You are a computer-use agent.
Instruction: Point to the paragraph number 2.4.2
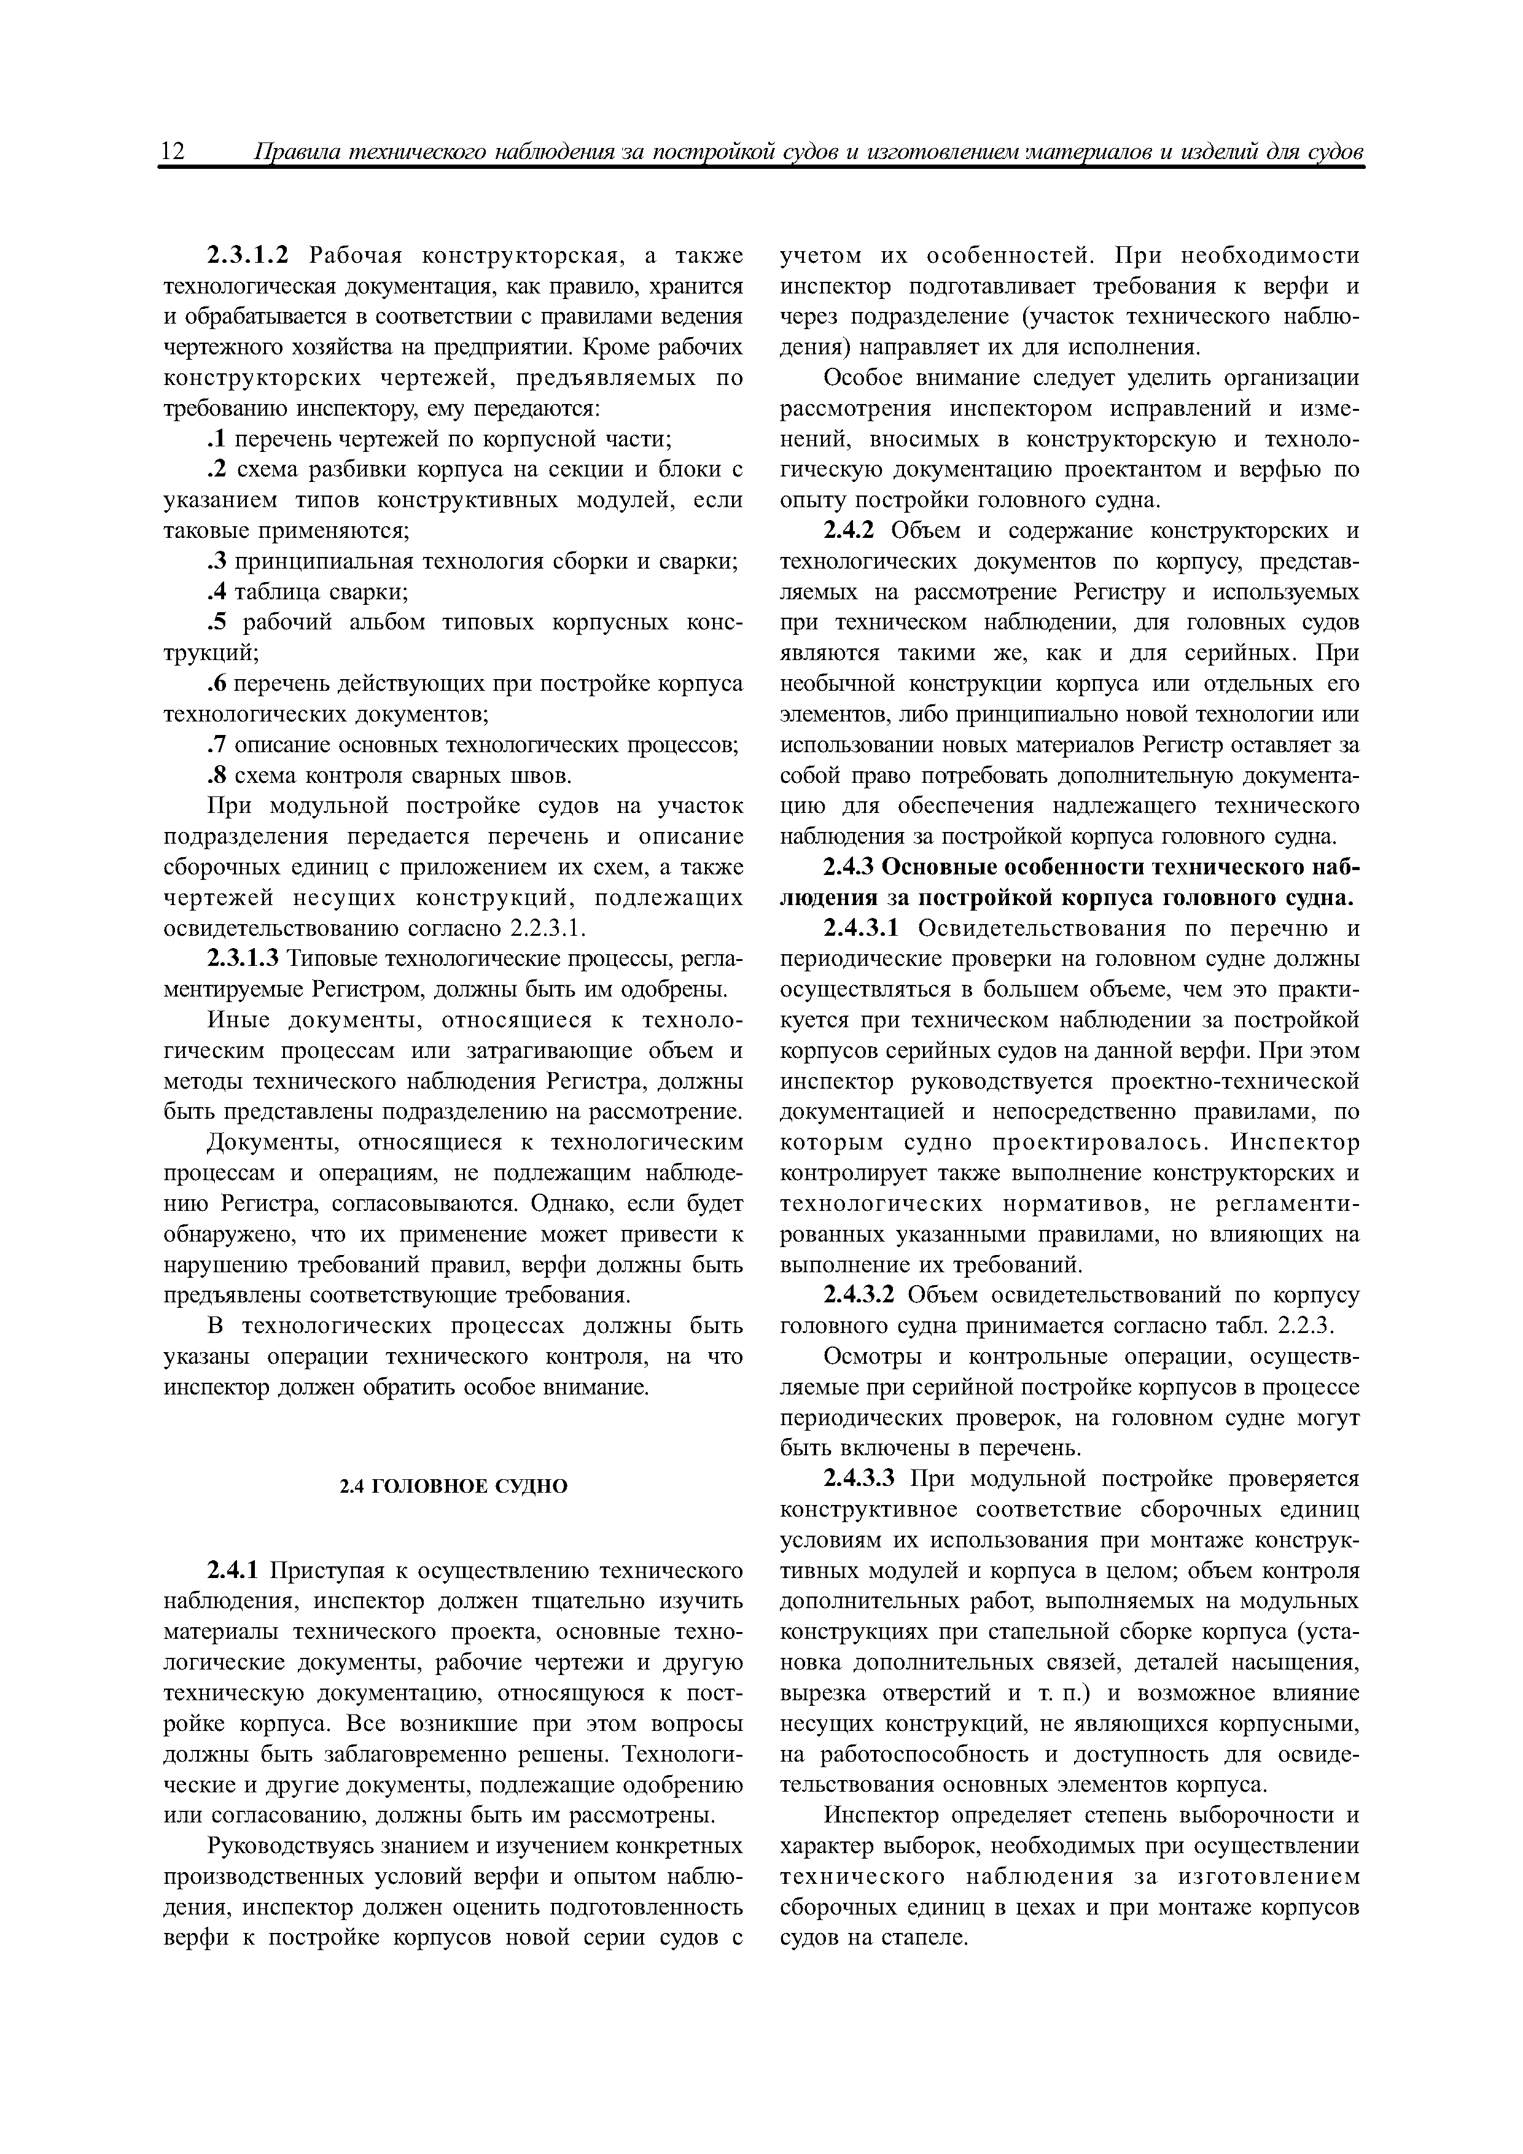tap(849, 531)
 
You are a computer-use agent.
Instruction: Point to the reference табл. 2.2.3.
tap(1291, 1326)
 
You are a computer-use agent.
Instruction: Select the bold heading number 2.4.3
tap(849, 868)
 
